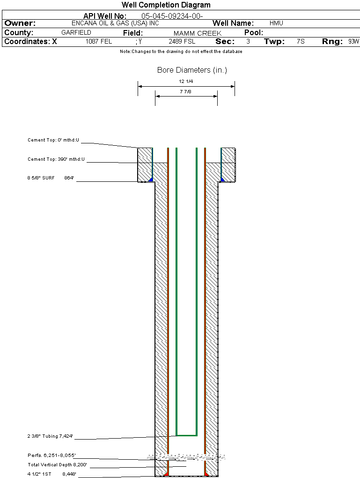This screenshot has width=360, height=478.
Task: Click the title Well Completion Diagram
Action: pos(166,5)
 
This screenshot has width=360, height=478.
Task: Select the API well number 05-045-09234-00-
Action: pos(172,16)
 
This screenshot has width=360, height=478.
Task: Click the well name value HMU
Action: pos(276,23)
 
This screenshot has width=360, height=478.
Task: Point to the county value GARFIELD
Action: pos(76,33)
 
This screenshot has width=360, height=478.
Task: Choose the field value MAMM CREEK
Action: pos(197,33)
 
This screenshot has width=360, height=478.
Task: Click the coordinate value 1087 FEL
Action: pos(99,42)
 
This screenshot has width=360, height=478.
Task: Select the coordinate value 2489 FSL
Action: pos(182,42)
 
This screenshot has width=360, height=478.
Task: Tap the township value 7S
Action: pos(301,42)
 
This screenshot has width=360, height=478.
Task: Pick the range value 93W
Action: pos(353,42)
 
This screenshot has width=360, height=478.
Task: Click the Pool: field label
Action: pos(254,33)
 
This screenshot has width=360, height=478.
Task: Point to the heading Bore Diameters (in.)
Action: pos(192,70)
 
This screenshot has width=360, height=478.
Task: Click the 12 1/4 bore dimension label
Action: pos(186,82)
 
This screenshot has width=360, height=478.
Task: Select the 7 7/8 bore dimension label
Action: pos(186,91)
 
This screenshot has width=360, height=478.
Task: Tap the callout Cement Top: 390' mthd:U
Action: pos(56,159)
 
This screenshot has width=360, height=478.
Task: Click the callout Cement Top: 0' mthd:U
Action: pos(53,140)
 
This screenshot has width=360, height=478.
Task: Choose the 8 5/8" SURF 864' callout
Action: pos(51,178)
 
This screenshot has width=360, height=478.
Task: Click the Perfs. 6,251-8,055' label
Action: pos(51,456)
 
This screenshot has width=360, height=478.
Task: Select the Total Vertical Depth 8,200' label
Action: pos(57,465)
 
